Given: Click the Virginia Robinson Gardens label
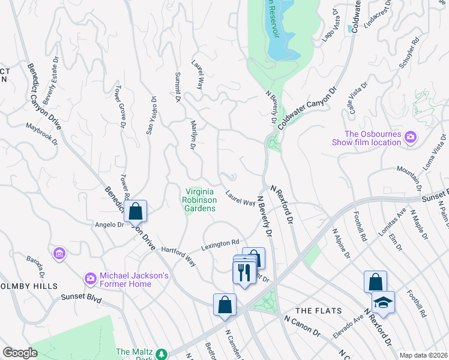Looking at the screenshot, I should [x=200, y=200].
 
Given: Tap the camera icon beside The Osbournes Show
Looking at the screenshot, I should [x=410, y=137].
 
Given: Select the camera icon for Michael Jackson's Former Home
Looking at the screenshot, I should [x=90, y=278].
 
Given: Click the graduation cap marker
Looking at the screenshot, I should [x=383, y=303].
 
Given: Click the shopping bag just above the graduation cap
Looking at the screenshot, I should [x=375, y=281].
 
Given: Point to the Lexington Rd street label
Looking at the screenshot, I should [x=220, y=244].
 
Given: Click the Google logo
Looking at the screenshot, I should [x=20, y=353].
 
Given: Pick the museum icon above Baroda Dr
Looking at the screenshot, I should [x=59, y=254].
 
